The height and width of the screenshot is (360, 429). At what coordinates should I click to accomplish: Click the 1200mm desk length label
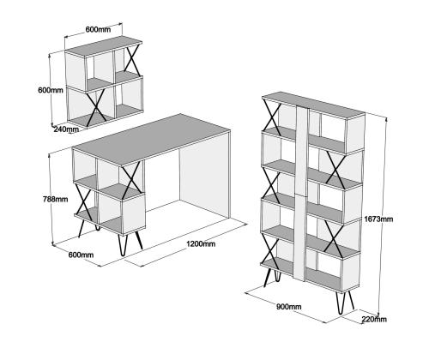coord(201,244)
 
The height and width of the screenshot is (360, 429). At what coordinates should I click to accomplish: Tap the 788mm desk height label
coord(56,199)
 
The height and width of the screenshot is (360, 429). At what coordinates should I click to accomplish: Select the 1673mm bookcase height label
coord(378,219)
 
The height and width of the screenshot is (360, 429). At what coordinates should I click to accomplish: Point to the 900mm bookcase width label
coord(289,307)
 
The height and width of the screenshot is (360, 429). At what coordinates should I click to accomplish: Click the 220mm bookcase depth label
coord(374,319)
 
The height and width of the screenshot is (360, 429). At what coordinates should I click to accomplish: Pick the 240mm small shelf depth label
coord(66,129)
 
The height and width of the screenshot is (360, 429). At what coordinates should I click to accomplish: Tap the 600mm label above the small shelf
coord(98,29)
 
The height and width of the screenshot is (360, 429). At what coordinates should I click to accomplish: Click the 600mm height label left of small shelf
coord(51,90)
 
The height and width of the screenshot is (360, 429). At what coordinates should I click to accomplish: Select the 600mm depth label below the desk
coord(81,255)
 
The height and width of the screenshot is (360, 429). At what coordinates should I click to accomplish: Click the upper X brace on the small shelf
coord(132,59)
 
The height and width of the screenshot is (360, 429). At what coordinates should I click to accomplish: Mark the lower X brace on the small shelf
coord(96,106)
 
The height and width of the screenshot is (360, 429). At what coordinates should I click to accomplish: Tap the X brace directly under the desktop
coord(131,178)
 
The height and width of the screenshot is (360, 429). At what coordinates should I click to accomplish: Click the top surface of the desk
coord(151,138)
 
